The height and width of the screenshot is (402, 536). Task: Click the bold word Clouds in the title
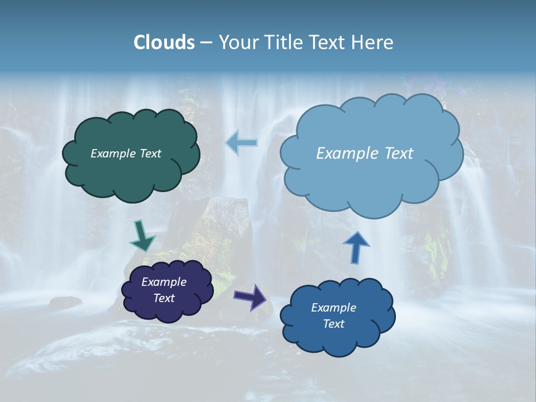click(x=164, y=42)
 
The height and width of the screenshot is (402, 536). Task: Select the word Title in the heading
click(x=284, y=42)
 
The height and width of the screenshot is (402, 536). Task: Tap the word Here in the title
click(x=374, y=42)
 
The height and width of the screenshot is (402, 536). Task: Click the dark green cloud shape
click(x=131, y=173)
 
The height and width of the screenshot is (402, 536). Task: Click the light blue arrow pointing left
click(x=242, y=143)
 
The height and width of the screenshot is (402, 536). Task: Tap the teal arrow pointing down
click(x=142, y=237)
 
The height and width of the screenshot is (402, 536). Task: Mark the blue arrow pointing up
click(x=356, y=247)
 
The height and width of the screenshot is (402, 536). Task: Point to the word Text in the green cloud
click(x=150, y=154)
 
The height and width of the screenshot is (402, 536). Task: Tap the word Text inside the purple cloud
click(x=164, y=298)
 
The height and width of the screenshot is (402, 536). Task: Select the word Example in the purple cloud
click(x=164, y=282)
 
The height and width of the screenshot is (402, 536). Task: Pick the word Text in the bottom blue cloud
click(x=333, y=324)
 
